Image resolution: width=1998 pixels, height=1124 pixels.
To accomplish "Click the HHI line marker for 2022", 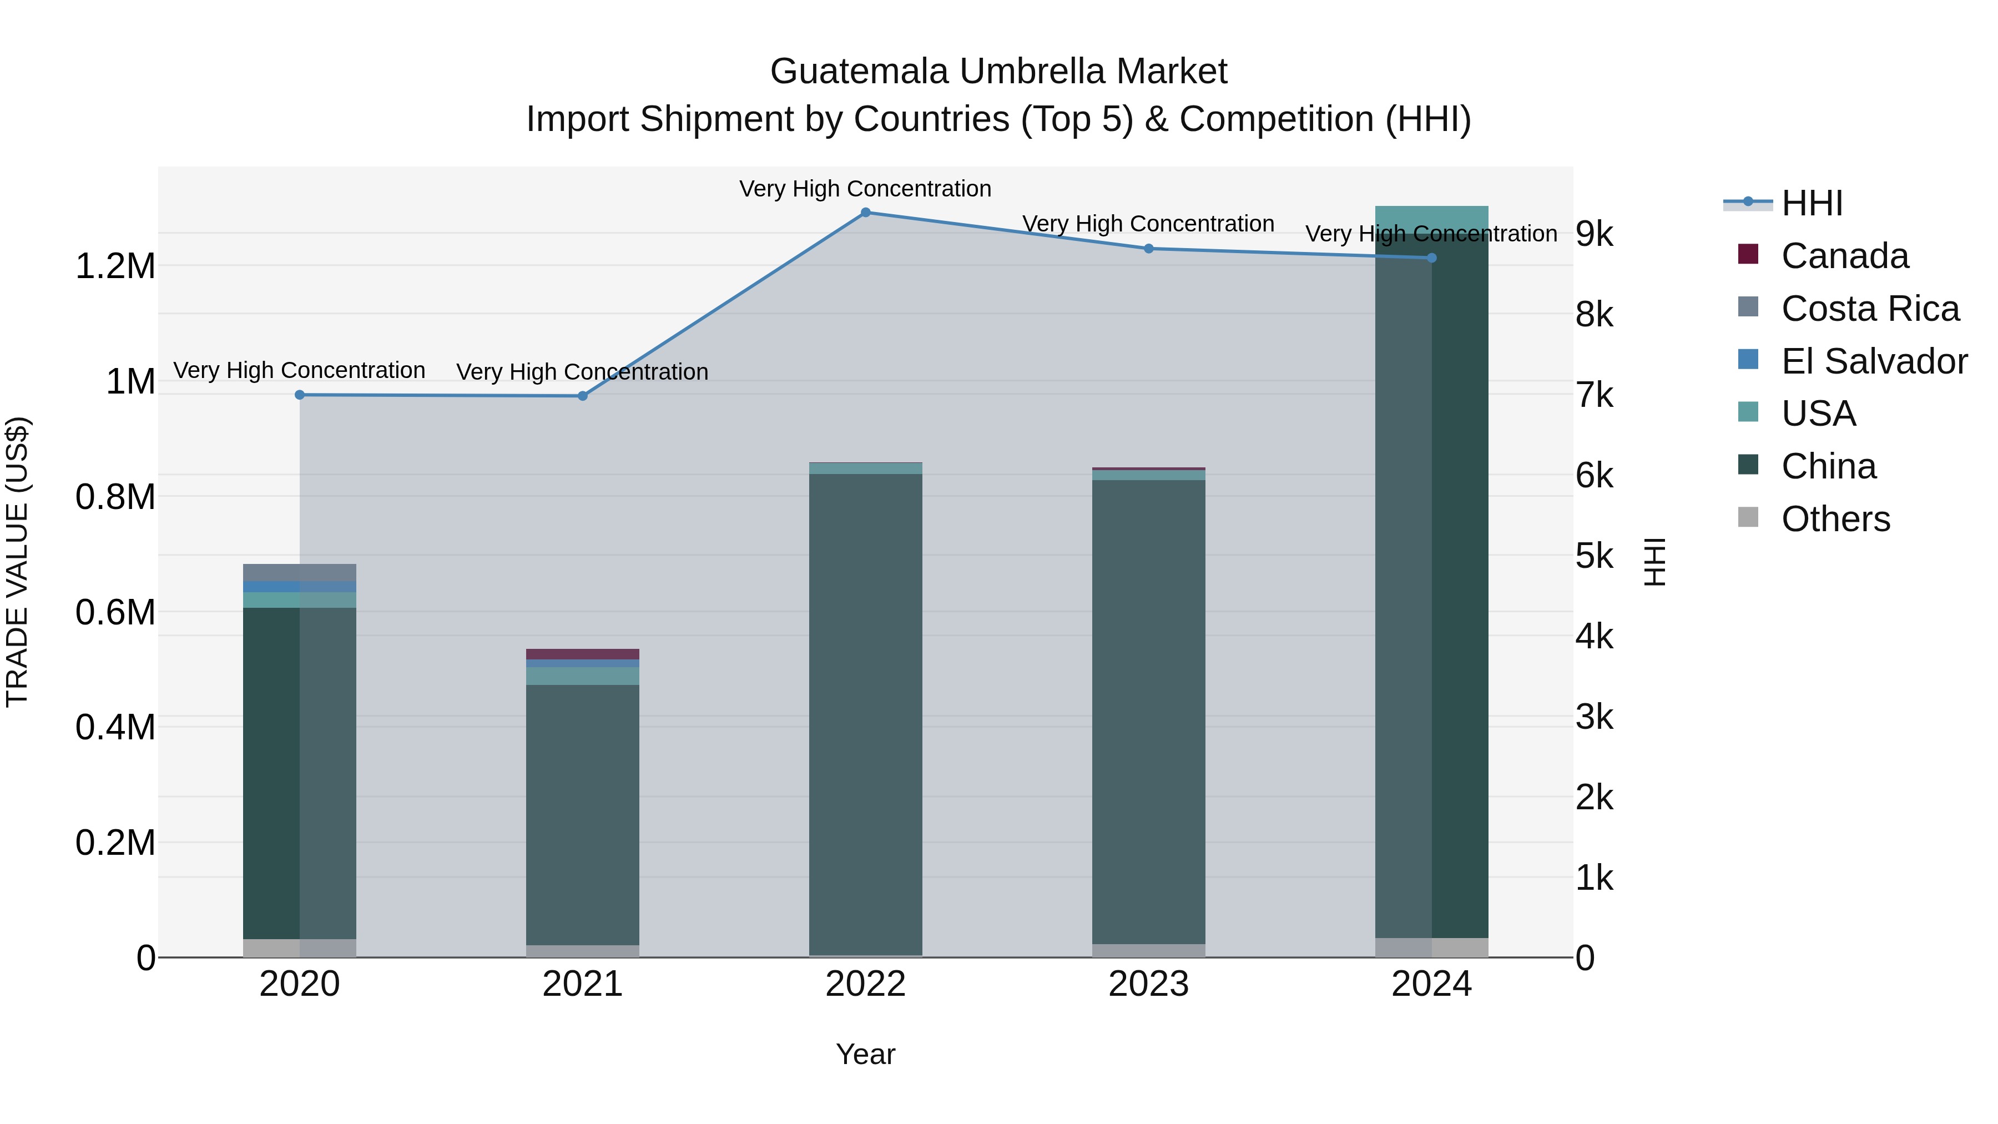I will (x=866, y=212).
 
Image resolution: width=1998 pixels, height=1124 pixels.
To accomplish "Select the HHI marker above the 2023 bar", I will (x=1149, y=248).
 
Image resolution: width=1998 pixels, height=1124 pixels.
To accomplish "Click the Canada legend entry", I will (x=1844, y=256).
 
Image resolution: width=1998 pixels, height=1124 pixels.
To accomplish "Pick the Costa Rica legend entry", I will (x=1869, y=309).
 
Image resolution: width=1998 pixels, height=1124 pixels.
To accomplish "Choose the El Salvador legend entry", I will (x=1873, y=361).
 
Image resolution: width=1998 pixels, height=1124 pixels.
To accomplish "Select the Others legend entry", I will (x=1835, y=519).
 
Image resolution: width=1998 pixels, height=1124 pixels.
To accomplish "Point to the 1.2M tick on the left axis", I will (x=115, y=266).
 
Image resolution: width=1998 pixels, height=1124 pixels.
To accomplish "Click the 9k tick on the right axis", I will (x=1595, y=234).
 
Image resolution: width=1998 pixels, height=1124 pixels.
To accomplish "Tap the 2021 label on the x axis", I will (x=583, y=984).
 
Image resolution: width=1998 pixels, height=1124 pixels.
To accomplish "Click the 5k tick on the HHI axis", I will (x=1595, y=556).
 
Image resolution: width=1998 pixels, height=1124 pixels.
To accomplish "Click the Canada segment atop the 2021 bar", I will (x=583, y=654).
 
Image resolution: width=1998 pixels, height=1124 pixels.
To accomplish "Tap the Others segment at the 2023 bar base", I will (x=1149, y=950).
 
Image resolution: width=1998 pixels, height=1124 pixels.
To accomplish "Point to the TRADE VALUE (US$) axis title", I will (x=17, y=562).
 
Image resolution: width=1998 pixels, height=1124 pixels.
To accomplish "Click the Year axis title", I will (x=866, y=1054).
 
